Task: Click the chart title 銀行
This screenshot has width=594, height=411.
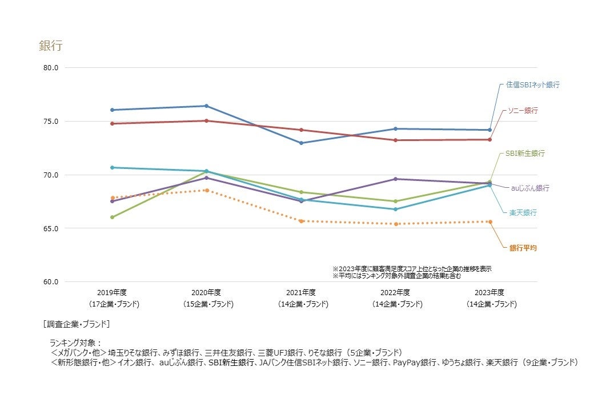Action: [x=50, y=46]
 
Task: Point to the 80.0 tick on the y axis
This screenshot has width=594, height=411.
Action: [x=50, y=68]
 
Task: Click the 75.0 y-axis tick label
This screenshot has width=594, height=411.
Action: [x=50, y=122]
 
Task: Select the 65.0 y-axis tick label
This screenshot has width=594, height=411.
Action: [x=50, y=228]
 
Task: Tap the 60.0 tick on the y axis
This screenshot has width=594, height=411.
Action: [x=50, y=282]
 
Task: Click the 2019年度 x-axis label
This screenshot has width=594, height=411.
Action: [x=112, y=292]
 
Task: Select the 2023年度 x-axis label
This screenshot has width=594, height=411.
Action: [x=489, y=292]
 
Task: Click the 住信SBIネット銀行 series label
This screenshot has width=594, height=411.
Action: [x=532, y=84]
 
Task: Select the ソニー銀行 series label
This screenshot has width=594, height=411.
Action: [x=523, y=110]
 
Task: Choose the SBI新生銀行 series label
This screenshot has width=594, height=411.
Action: [x=525, y=154]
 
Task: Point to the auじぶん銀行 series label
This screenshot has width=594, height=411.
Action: [x=530, y=188]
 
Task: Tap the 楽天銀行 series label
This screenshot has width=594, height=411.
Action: [x=523, y=212]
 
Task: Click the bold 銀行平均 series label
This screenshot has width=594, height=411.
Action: [x=523, y=248]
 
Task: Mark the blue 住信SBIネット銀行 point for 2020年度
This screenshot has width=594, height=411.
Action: [x=207, y=106]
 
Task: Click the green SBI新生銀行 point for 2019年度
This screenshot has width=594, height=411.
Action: [x=112, y=217]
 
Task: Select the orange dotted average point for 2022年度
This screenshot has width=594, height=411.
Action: [x=395, y=224]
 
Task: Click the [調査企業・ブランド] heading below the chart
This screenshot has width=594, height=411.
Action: [x=77, y=324]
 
